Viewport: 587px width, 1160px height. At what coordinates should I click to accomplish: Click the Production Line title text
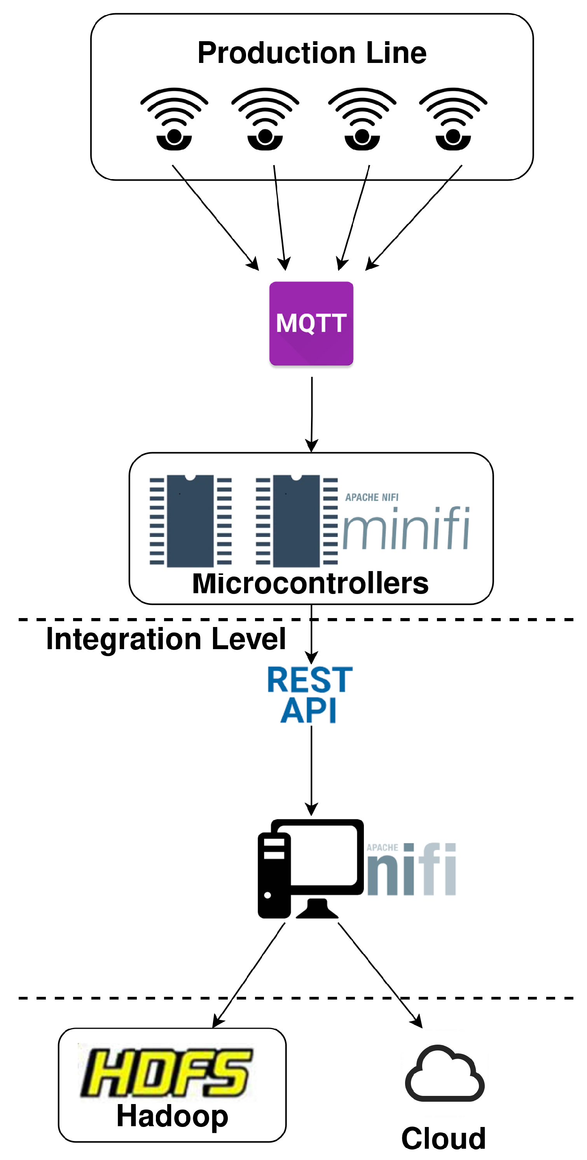312,53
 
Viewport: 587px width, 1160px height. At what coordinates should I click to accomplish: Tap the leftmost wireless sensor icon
174,120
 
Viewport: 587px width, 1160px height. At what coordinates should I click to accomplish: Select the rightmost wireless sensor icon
453,120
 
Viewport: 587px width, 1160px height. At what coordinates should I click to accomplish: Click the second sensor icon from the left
265,120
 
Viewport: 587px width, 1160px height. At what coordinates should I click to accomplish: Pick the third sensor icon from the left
362,120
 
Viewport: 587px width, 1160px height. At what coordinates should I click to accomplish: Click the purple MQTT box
311,323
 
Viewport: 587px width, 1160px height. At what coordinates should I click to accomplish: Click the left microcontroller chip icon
190,521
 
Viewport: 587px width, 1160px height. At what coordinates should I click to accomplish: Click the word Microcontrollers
310,583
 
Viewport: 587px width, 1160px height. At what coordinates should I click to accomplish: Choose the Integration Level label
166,639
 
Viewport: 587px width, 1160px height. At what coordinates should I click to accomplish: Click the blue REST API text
309,694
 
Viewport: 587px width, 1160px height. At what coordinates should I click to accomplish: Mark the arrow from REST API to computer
311,770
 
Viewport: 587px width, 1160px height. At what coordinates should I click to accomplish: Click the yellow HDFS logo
166,1073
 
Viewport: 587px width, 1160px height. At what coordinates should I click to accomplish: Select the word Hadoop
172,1116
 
